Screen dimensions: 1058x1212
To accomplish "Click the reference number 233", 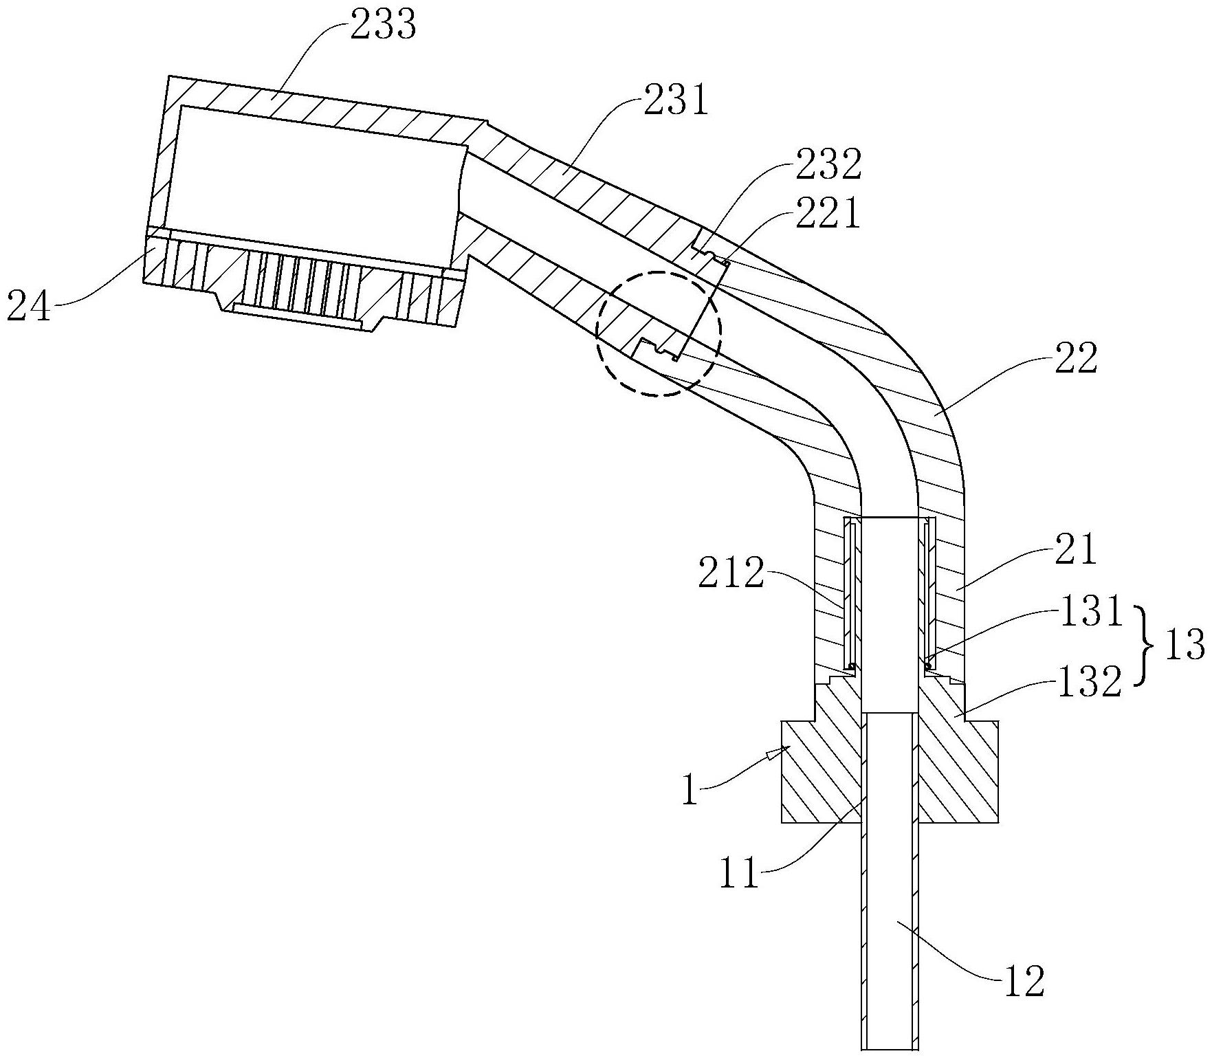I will tap(383, 26).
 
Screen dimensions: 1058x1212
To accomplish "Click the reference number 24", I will tap(29, 307).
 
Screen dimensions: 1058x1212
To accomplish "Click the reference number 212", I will tap(731, 574).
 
